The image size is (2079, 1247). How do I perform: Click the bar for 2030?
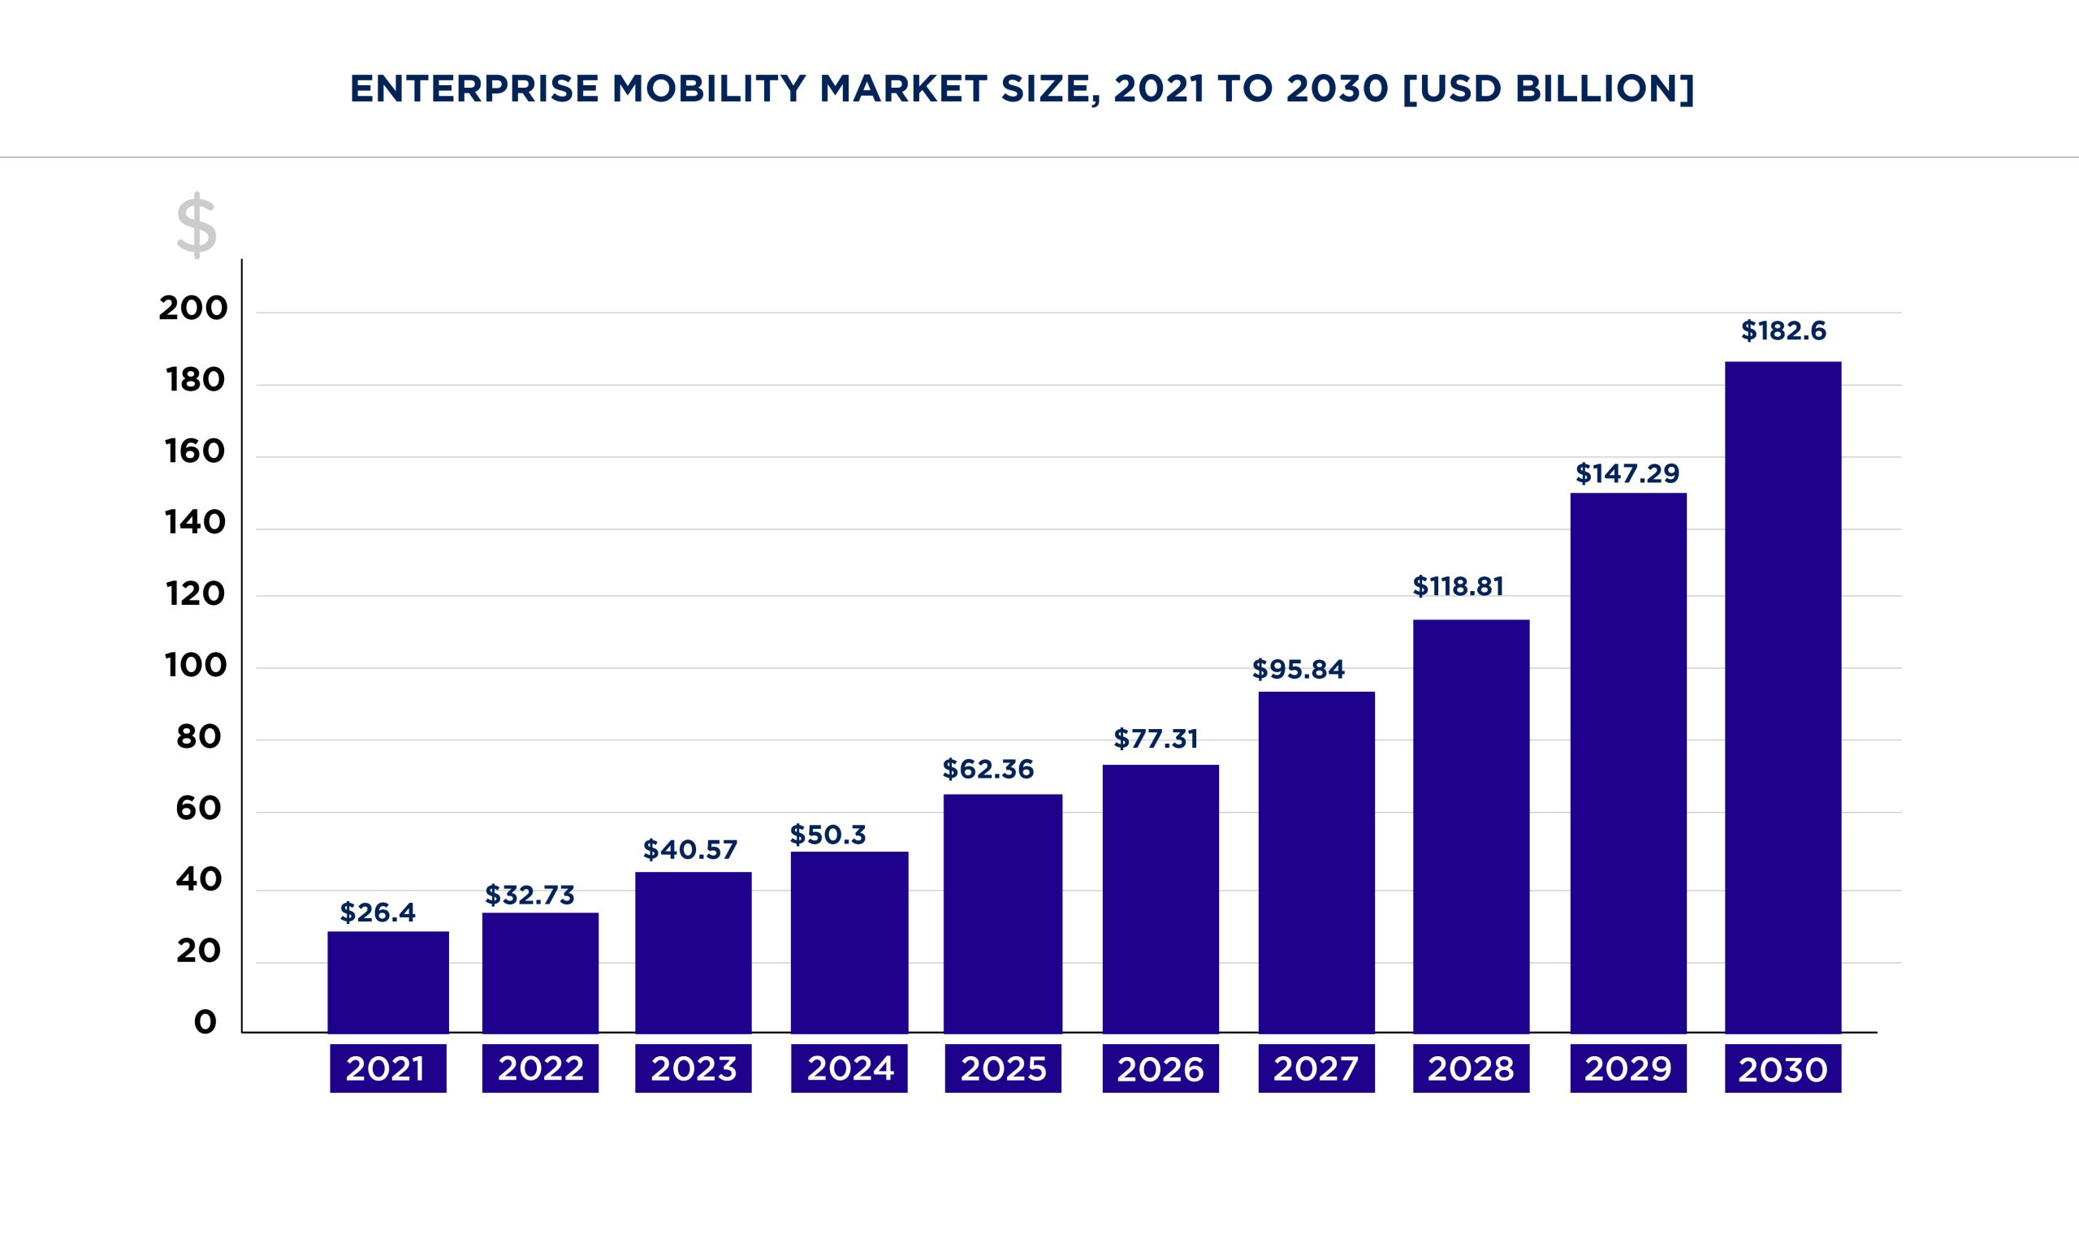click(x=1783, y=697)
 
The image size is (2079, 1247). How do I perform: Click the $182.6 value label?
click(x=1783, y=331)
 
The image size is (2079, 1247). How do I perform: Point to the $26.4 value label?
click(x=378, y=913)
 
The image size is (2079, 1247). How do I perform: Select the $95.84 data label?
click(x=1299, y=670)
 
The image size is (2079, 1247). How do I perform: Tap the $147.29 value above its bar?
click(x=1627, y=474)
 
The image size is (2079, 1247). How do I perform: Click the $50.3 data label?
click(x=827, y=835)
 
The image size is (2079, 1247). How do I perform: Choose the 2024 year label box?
click(x=849, y=1069)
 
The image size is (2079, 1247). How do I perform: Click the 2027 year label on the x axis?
click(x=1316, y=1069)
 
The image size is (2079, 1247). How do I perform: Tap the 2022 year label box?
click(x=540, y=1069)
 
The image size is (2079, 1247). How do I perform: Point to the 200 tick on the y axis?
click(x=193, y=309)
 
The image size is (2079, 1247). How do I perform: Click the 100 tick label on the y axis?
click(x=196, y=666)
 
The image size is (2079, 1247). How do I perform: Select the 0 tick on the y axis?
click(x=205, y=1023)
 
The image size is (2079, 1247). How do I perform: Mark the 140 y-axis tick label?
click(x=196, y=523)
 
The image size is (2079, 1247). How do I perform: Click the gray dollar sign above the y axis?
click(x=197, y=225)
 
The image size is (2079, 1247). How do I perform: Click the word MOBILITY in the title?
click(x=708, y=89)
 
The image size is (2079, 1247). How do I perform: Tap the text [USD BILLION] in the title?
click(x=1548, y=89)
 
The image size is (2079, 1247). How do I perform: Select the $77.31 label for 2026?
click(x=1156, y=740)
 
